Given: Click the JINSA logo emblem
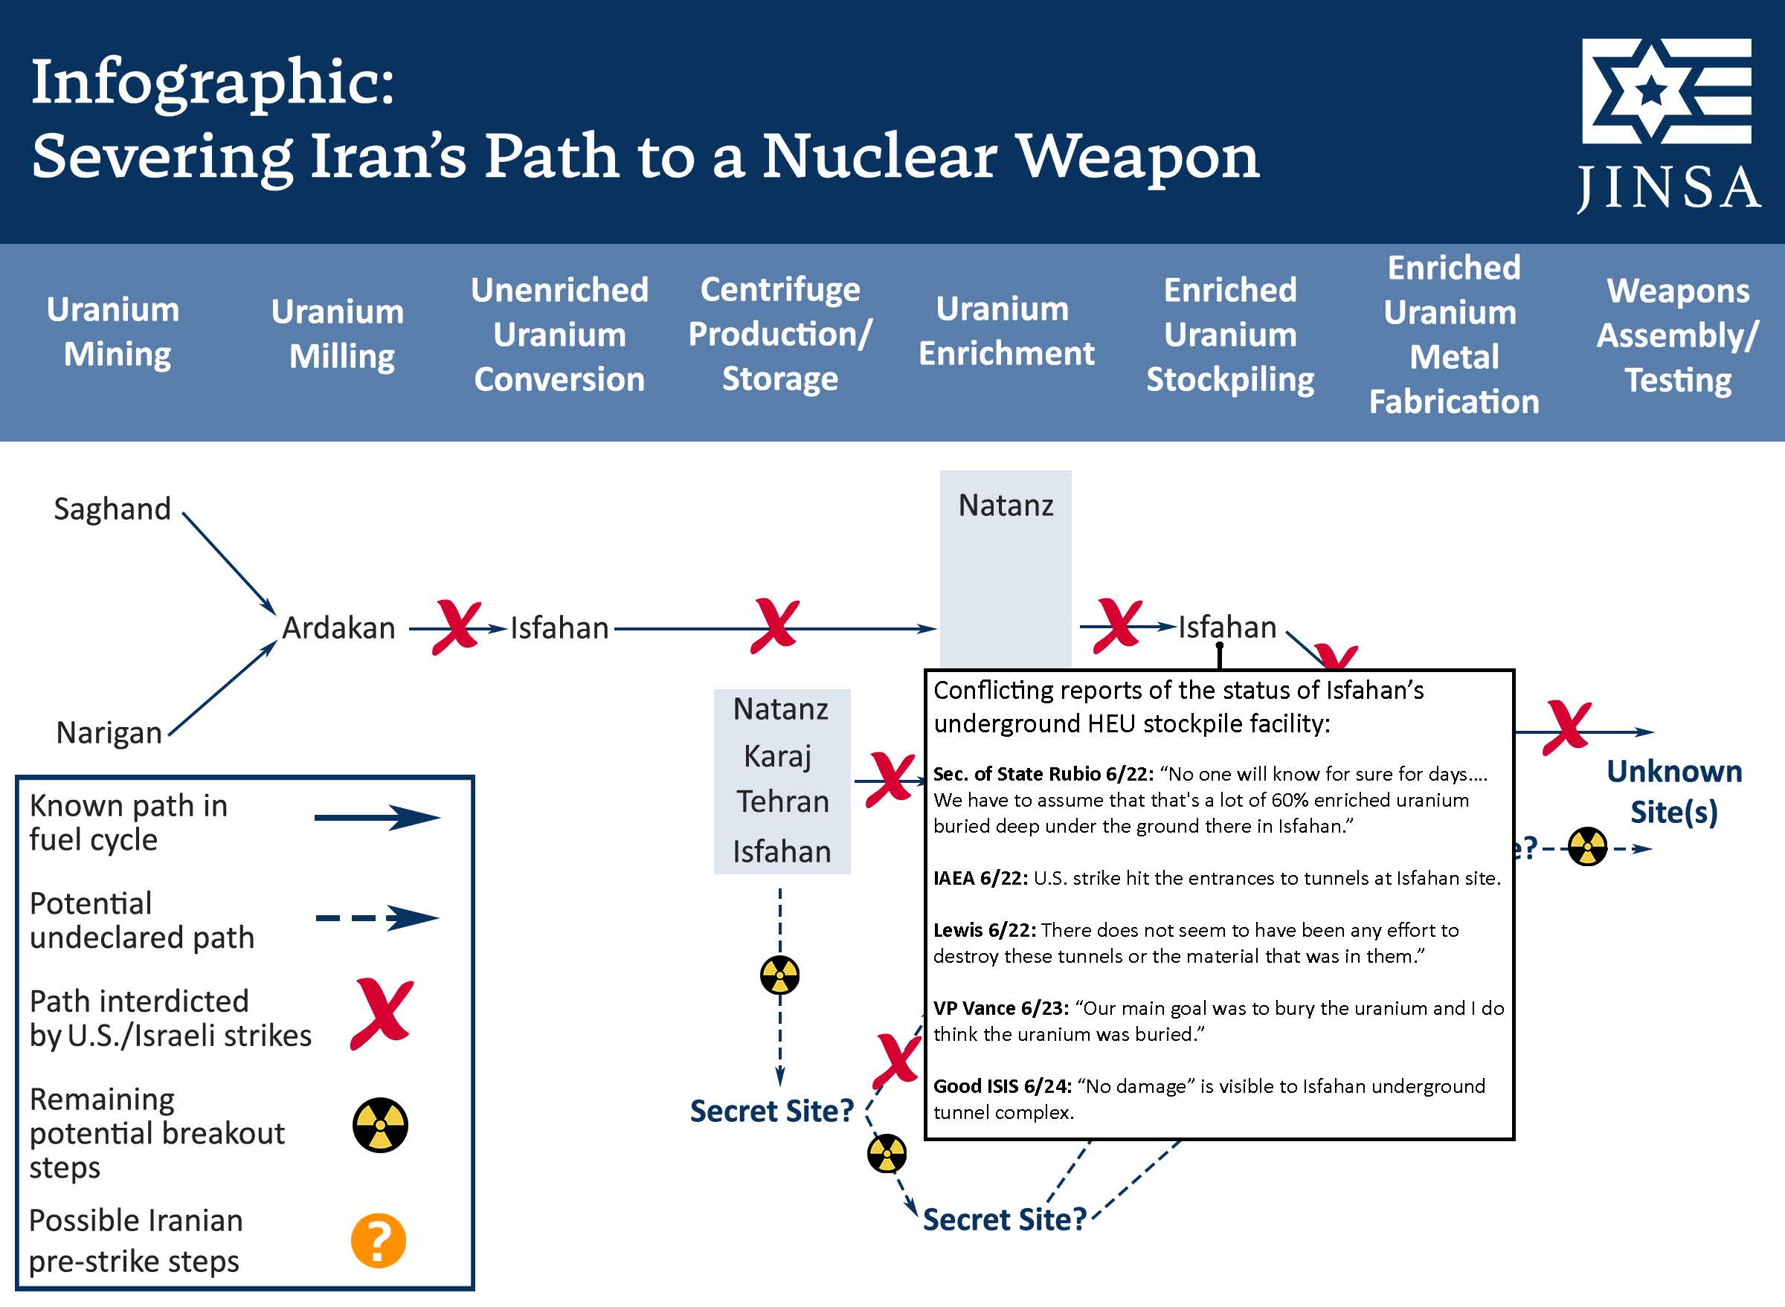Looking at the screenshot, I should pyautogui.click(x=1666, y=90).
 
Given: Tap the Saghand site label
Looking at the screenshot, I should pyautogui.click(x=112, y=509).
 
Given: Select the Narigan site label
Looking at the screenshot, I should pyautogui.click(x=109, y=732).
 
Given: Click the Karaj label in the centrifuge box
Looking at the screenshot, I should pyautogui.click(x=778, y=756).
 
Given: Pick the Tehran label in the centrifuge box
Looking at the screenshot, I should pyautogui.click(x=782, y=801).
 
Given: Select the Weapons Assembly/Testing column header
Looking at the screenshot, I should pyautogui.click(x=1677, y=335).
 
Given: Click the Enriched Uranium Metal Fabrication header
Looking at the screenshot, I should pyautogui.click(x=1453, y=335).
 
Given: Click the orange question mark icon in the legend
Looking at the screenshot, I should pyautogui.click(x=379, y=1241).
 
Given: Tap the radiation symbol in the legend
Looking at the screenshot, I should pyautogui.click(x=380, y=1124).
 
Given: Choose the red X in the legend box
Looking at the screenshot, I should pyautogui.click(x=382, y=1013).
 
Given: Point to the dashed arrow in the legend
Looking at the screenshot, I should pyautogui.click(x=377, y=917).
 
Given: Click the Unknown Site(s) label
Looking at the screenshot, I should pyautogui.click(x=1674, y=792).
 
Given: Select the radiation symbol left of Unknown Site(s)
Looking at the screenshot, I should pyautogui.click(x=1587, y=848).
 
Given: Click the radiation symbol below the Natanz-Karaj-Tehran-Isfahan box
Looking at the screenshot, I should pyautogui.click(x=779, y=975).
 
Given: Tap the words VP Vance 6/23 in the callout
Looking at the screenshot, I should pyautogui.click(x=1000, y=1008).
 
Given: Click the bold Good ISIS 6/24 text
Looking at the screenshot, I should pyautogui.click(x=1002, y=1086).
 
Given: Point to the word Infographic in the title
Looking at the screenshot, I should pyautogui.click(x=212, y=81).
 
